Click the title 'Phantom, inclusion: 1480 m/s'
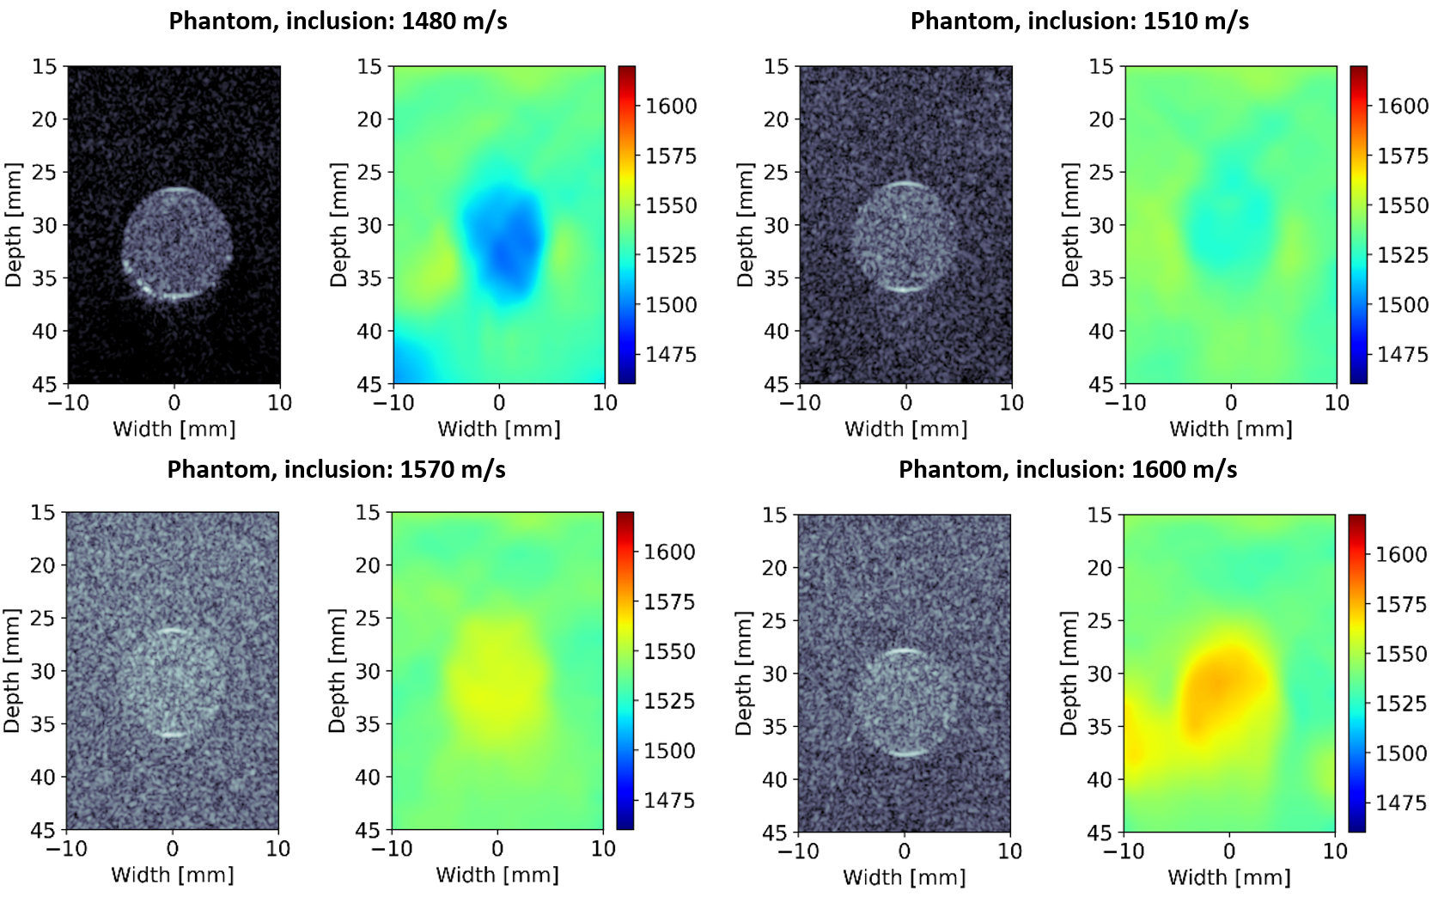338,21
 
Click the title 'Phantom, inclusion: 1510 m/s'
1079,21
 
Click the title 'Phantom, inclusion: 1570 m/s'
336,469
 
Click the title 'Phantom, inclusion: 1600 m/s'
1068,469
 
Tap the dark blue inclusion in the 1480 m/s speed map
505,245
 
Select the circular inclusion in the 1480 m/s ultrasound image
177,244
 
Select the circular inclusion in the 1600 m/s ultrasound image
904,703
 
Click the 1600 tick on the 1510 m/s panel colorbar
1403,106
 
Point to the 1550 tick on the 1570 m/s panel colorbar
669,651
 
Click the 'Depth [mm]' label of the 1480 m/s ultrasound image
13,224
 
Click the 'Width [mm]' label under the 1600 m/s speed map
1228,877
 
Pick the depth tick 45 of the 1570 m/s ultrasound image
43,830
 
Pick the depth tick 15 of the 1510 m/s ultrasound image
776,66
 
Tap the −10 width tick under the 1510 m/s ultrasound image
799,403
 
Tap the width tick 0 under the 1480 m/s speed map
499,403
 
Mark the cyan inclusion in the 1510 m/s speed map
1228,228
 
